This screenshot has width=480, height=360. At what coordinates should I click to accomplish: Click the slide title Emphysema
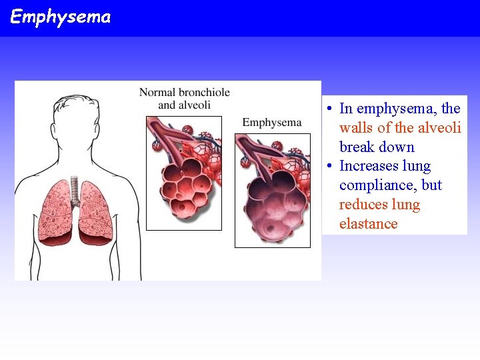pyautogui.click(x=61, y=17)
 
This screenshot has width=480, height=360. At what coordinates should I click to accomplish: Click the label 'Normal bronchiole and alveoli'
pyautogui.click(x=184, y=98)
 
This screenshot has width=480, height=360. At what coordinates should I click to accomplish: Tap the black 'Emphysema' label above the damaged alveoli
pyautogui.click(x=271, y=123)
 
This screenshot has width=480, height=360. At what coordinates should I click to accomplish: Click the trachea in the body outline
pyautogui.click(x=74, y=190)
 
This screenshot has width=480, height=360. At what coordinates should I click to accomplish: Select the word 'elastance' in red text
pyautogui.click(x=368, y=224)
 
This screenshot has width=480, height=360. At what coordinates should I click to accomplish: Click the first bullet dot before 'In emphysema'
pyautogui.click(x=330, y=109)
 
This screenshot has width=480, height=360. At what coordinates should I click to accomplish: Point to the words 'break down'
pyautogui.click(x=377, y=147)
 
